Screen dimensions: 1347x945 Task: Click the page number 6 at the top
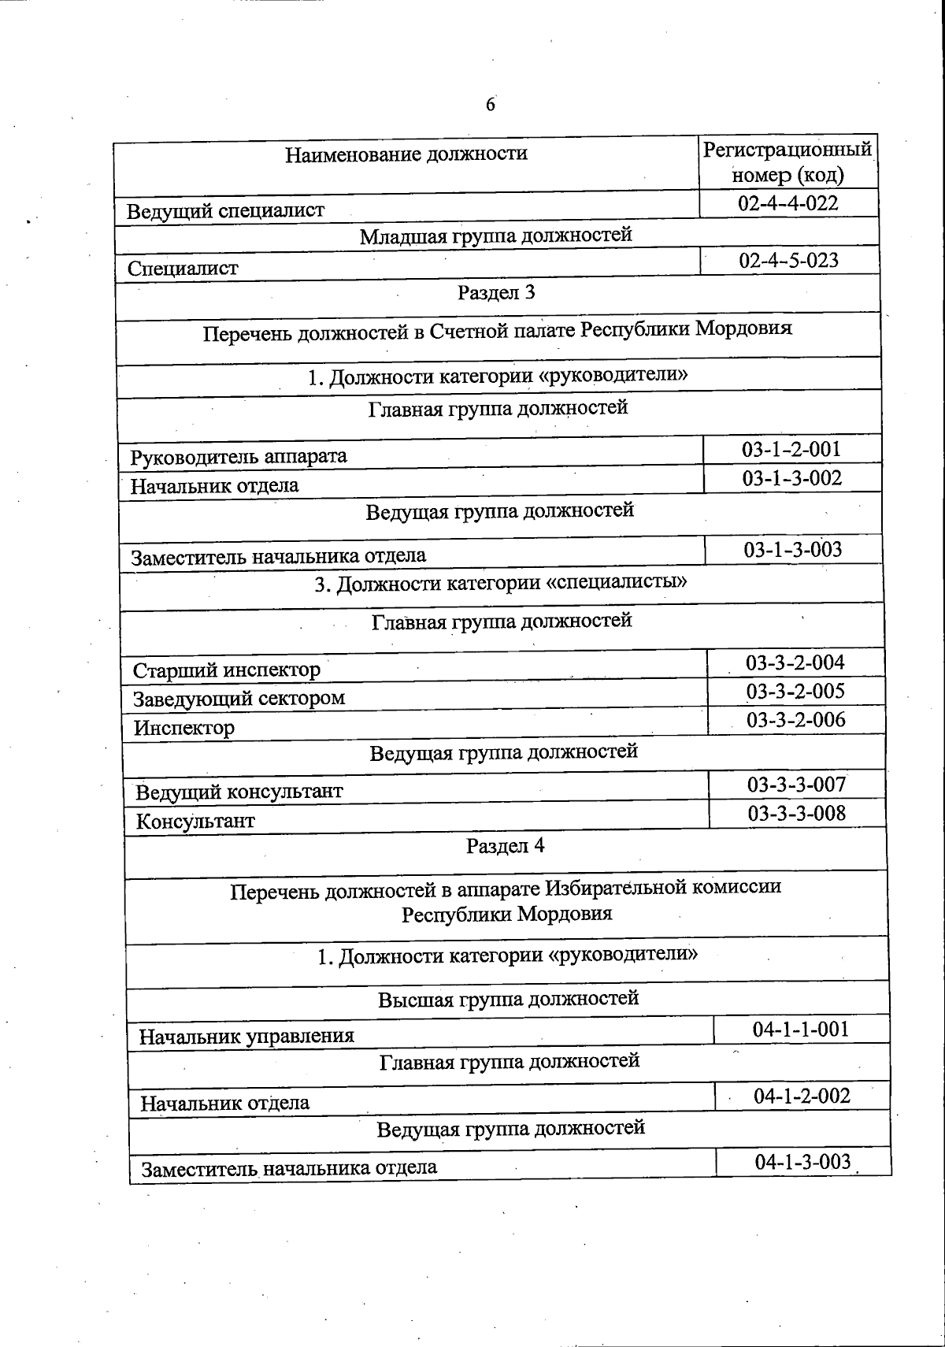[x=491, y=105]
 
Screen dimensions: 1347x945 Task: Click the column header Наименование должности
[x=406, y=154]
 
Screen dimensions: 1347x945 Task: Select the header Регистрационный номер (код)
[x=787, y=161]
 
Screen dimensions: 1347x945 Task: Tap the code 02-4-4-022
[x=788, y=203]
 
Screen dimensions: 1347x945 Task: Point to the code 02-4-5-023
[x=789, y=261]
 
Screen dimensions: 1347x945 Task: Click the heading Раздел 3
[x=496, y=293]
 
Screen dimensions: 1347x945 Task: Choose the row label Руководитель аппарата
[x=239, y=457]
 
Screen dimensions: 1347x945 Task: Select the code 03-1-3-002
[x=792, y=478]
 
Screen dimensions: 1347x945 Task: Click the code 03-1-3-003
[x=793, y=550]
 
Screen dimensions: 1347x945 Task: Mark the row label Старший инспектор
[x=227, y=670]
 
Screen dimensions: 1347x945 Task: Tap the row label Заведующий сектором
[x=239, y=699]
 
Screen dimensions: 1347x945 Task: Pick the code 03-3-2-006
[x=796, y=720]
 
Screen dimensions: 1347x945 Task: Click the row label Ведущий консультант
[x=239, y=792]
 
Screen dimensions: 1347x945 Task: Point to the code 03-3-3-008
[x=797, y=814]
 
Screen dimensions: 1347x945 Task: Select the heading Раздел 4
[x=505, y=847]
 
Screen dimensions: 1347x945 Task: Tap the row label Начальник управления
[x=246, y=1037]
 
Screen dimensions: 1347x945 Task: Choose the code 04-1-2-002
[x=802, y=1097]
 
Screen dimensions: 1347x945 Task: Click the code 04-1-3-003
[x=802, y=1162]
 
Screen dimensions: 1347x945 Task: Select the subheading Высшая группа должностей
[x=508, y=1000]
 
